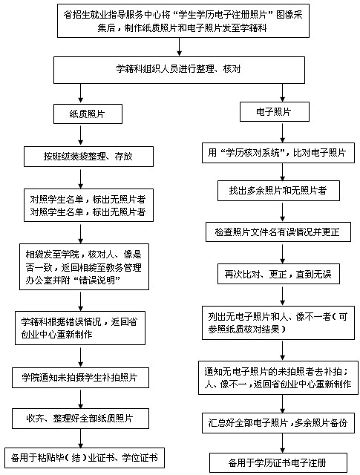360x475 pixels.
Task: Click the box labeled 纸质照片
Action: point(88,114)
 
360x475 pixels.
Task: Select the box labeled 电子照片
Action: point(274,112)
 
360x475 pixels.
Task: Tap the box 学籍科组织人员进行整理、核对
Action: point(179,70)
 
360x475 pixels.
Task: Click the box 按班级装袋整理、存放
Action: point(88,157)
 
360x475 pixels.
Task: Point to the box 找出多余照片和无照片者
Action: point(278,191)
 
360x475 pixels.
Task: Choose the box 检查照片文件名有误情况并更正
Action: point(278,232)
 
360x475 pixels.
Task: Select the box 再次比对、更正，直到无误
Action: point(278,274)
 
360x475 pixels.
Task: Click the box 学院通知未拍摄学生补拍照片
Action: point(80,378)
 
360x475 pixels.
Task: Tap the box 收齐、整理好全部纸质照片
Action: point(80,419)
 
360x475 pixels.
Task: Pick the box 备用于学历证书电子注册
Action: point(278,462)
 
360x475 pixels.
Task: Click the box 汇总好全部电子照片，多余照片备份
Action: point(278,423)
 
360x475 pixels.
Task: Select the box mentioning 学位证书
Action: point(85,458)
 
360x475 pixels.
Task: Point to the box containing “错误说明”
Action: point(84,267)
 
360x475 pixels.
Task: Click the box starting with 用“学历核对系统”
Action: point(278,153)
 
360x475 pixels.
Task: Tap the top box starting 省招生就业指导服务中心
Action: point(183,21)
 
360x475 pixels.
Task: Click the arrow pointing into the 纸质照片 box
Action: point(81,93)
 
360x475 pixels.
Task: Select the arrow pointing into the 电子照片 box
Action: point(282,92)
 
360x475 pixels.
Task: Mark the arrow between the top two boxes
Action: point(180,47)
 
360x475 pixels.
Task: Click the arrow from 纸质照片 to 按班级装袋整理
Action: point(81,135)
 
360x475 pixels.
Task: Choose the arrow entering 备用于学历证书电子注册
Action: point(282,443)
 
